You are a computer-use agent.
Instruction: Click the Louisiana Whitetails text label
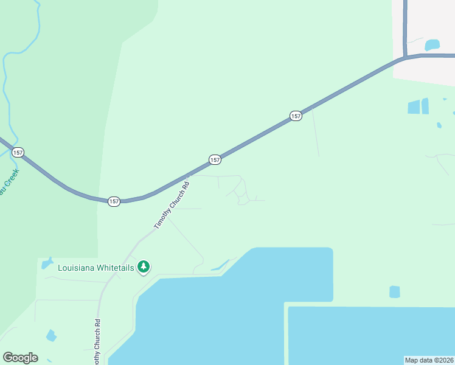click(x=96, y=267)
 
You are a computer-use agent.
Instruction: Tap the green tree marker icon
click(x=144, y=266)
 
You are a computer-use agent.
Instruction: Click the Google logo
click(x=20, y=358)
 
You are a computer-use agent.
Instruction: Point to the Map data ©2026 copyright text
click(x=428, y=360)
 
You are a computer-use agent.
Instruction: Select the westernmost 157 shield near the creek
click(x=18, y=152)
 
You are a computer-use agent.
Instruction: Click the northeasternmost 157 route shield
click(x=296, y=116)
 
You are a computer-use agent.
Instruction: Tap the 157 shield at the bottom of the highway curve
click(x=114, y=201)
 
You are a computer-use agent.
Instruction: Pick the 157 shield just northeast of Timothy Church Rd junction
click(x=215, y=159)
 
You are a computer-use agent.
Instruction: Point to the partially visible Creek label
click(x=9, y=182)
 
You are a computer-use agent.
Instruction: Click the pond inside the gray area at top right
click(x=432, y=45)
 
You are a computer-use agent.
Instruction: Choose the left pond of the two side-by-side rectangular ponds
click(x=414, y=107)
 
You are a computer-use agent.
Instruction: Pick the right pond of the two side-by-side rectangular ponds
click(x=425, y=106)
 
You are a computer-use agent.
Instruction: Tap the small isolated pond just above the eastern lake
click(x=395, y=292)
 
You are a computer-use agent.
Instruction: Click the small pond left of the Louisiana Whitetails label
click(x=47, y=263)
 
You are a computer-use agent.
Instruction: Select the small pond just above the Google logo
click(x=51, y=335)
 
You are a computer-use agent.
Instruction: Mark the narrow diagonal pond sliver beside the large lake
click(x=220, y=265)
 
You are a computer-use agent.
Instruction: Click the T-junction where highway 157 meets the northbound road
click(x=405, y=58)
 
